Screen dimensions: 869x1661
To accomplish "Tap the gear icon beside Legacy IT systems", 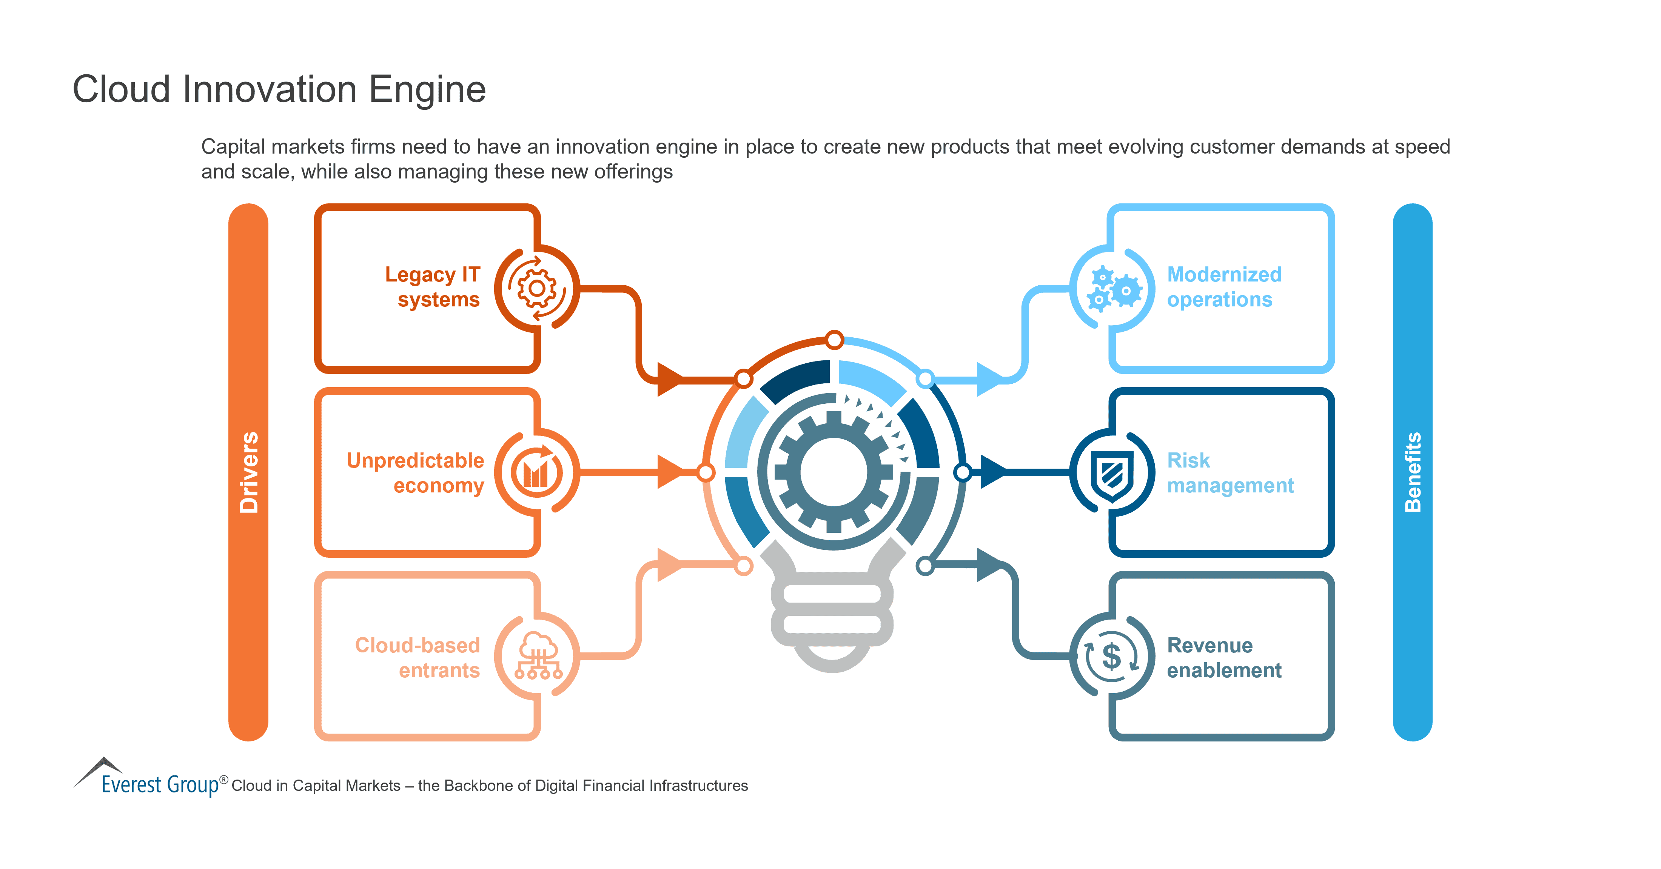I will [x=536, y=288].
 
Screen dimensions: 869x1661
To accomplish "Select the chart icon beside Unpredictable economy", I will [x=536, y=472].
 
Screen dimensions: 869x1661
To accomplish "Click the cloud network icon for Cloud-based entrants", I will [x=538, y=656].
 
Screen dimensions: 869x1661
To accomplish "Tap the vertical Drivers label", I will [x=248, y=472].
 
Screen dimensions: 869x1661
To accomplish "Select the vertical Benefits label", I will [x=1412, y=472].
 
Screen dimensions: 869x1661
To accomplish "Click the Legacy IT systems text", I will [x=433, y=287].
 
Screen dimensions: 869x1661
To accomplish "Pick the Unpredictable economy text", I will [x=416, y=472].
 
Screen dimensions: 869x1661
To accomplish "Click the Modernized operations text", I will [x=1224, y=287].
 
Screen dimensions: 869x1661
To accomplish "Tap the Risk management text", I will [x=1229, y=472].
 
